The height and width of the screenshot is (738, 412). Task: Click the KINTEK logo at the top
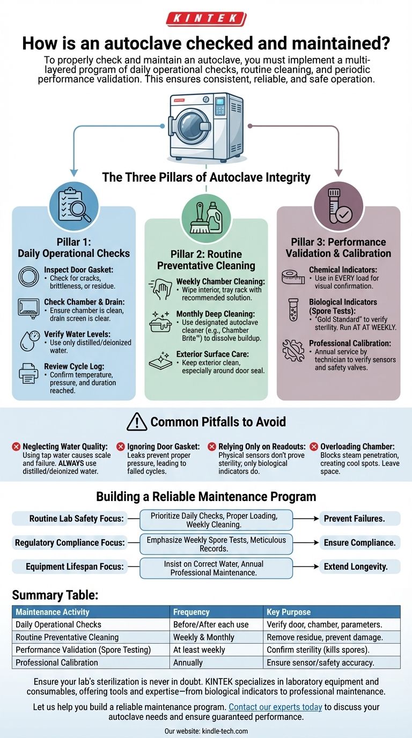[206, 19]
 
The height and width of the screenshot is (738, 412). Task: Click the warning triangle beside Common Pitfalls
[137, 422]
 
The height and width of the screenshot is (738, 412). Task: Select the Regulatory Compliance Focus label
[70, 543]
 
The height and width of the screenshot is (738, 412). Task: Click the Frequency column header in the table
[192, 612]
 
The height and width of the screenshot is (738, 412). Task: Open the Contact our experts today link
[275, 707]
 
